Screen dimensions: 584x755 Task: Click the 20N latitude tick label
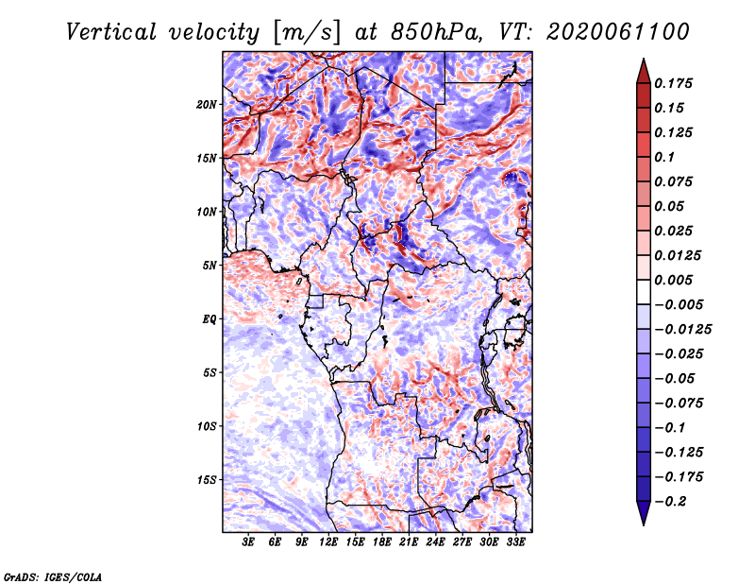207,104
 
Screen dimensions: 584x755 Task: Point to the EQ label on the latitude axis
210,319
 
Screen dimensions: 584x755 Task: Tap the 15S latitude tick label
207,480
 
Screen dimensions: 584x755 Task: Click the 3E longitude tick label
249,542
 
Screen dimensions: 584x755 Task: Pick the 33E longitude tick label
515,542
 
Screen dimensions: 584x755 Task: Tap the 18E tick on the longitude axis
382,542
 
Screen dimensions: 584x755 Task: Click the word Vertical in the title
110,31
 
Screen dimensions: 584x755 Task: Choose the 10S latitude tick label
207,426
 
